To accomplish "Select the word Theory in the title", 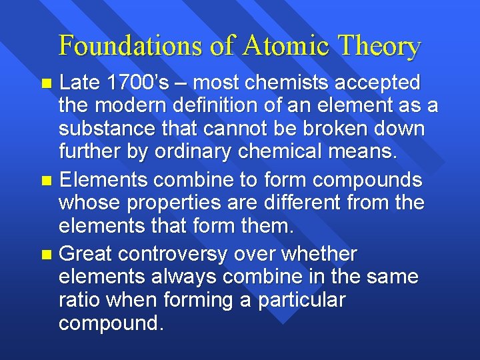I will pyautogui.click(x=379, y=46).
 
